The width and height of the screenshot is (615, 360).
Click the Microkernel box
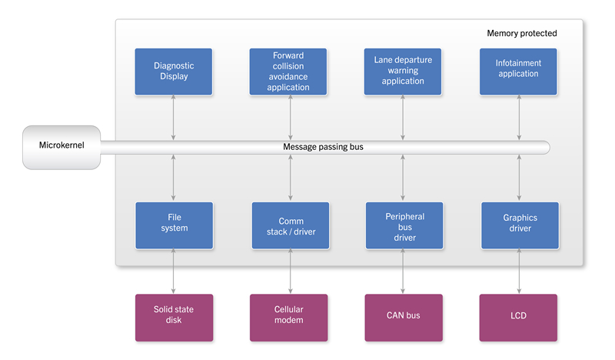[x=61, y=148]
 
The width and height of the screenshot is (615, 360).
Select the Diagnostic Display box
[x=174, y=72]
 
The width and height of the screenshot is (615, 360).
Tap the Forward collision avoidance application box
[x=288, y=72]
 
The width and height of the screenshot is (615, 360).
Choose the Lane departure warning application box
[x=403, y=72]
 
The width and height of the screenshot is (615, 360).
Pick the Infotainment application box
[x=518, y=72]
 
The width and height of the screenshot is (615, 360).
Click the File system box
[x=175, y=225]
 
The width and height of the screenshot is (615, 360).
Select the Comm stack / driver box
[x=291, y=225]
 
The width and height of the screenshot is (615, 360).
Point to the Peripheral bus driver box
[x=404, y=225]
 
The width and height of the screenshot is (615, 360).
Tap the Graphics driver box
[x=520, y=225]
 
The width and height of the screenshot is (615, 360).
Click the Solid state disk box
[x=175, y=318]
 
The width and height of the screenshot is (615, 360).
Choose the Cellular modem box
[x=289, y=318]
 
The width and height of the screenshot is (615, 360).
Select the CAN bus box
[x=404, y=318]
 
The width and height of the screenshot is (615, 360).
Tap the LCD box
[x=518, y=318]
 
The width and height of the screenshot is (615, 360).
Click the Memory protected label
[x=522, y=33]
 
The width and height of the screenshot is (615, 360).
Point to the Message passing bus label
[x=323, y=147]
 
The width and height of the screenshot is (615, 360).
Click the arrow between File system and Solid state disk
[x=174, y=272]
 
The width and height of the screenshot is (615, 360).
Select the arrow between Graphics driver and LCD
[x=520, y=272]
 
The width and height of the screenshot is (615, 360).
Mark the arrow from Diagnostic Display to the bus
[x=174, y=118]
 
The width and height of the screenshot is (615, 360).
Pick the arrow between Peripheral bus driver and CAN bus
[x=403, y=272]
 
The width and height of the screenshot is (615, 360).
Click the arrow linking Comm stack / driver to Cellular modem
[x=291, y=272]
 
